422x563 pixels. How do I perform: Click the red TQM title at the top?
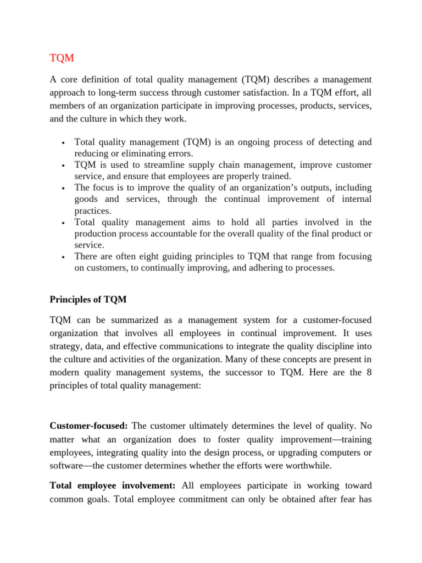pos(62,58)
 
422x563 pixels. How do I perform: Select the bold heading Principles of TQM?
pos(88,299)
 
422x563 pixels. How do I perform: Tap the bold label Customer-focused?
pos(88,426)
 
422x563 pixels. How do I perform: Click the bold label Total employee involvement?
pos(113,485)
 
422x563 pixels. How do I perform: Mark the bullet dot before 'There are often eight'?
pos(64,257)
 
